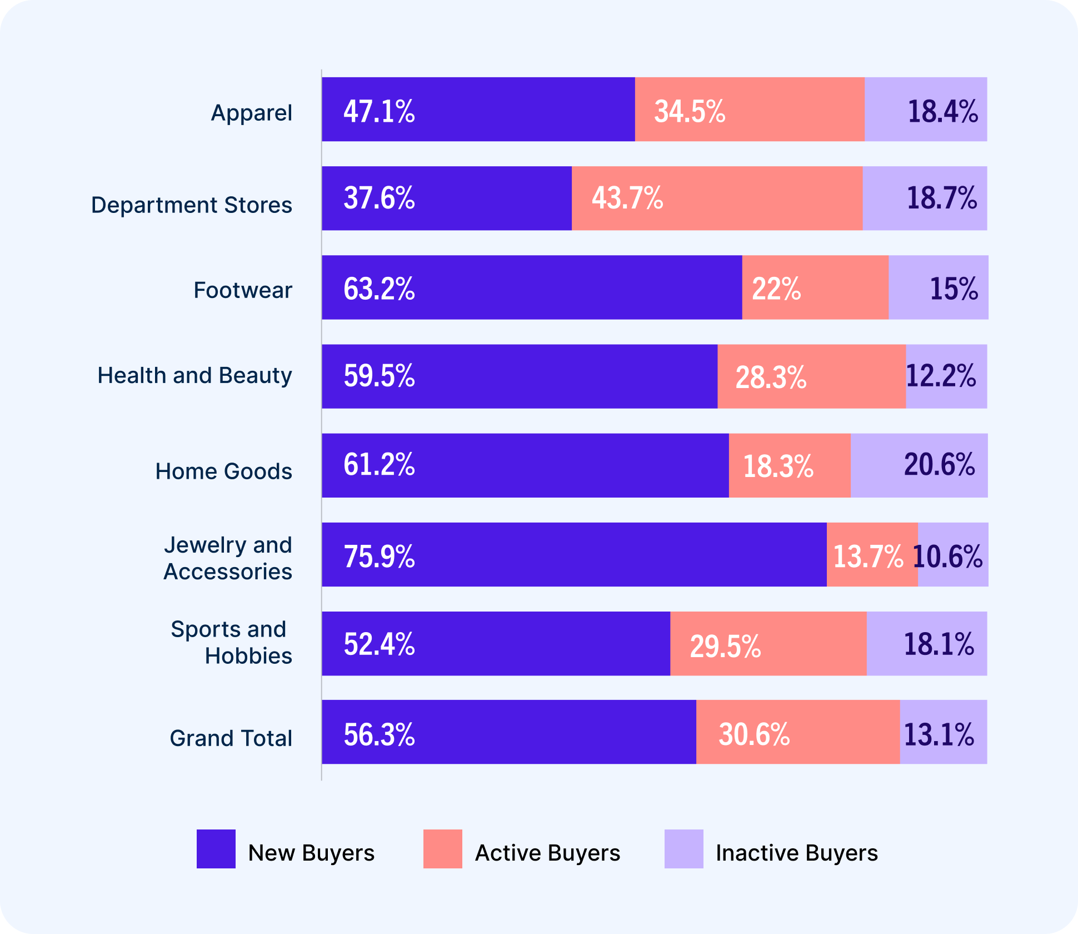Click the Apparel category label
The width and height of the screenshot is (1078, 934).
pyautogui.click(x=251, y=113)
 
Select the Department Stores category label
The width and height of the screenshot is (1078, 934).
pyautogui.click(x=192, y=205)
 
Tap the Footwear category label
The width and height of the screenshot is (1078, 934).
pyautogui.click(x=243, y=290)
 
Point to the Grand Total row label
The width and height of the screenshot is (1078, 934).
pyautogui.click(x=231, y=738)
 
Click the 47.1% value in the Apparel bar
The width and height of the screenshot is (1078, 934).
pyautogui.click(x=379, y=111)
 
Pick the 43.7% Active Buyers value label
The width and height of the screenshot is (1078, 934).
pyautogui.click(x=627, y=198)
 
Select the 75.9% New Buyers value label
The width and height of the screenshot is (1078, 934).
pyautogui.click(x=379, y=556)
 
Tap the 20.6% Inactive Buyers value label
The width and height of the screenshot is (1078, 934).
pyautogui.click(x=939, y=465)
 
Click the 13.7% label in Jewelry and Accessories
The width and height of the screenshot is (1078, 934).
pyautogui.click(x=868, y=556)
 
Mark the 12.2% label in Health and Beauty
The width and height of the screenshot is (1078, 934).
pyautogui.click(x=941, y=376)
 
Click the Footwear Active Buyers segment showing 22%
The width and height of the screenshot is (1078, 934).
pyautogui.click(x=815, y=287)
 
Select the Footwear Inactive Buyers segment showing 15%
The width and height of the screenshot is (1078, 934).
pyautogui.click(x=939, y=287)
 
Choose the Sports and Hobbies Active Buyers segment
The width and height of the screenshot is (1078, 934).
pyautogui.click(x=768, y=644)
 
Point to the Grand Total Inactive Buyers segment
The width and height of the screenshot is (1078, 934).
pyautogui.click(x=944, y=732)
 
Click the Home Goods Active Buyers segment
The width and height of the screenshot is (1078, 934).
pyautogui.click(x=790, y=465)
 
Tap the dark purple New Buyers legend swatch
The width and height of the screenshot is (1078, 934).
pyautogui.click(x=216, y=849)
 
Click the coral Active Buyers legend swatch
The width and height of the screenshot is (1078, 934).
pyautogui.click(x=443, y=849)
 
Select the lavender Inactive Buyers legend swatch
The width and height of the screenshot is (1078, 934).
pyautogui.click(x=684, y=849)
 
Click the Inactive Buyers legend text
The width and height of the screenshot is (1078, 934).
pyautogui.click(x=797, y=853)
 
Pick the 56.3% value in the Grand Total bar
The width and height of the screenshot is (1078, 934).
pyautogui.click(x=379, y=734)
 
